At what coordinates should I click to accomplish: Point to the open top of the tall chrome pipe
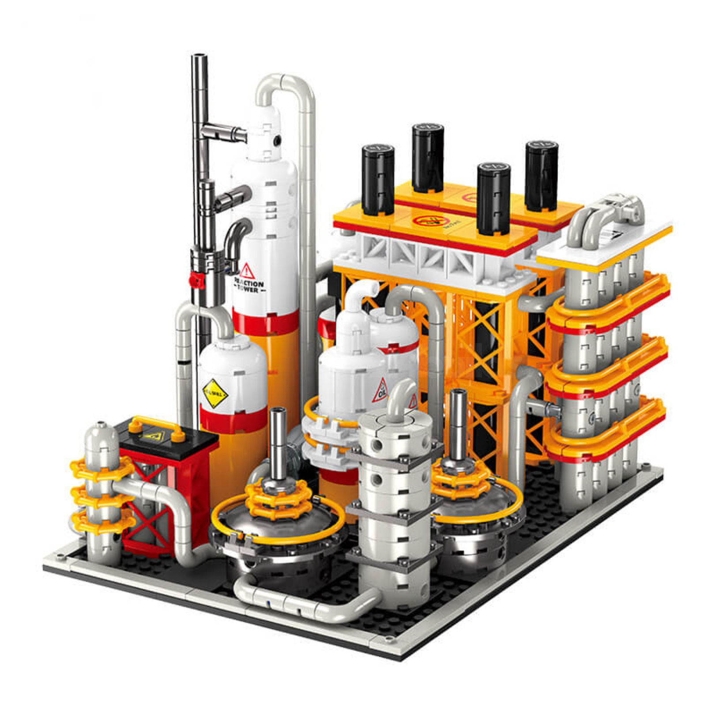pyautogui.click(x=199, y=56)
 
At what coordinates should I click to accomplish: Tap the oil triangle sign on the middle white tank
pyautogui.click(x=381, y=390)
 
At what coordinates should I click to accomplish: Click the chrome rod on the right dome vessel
pyautogui.click(x=458, y=424)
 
